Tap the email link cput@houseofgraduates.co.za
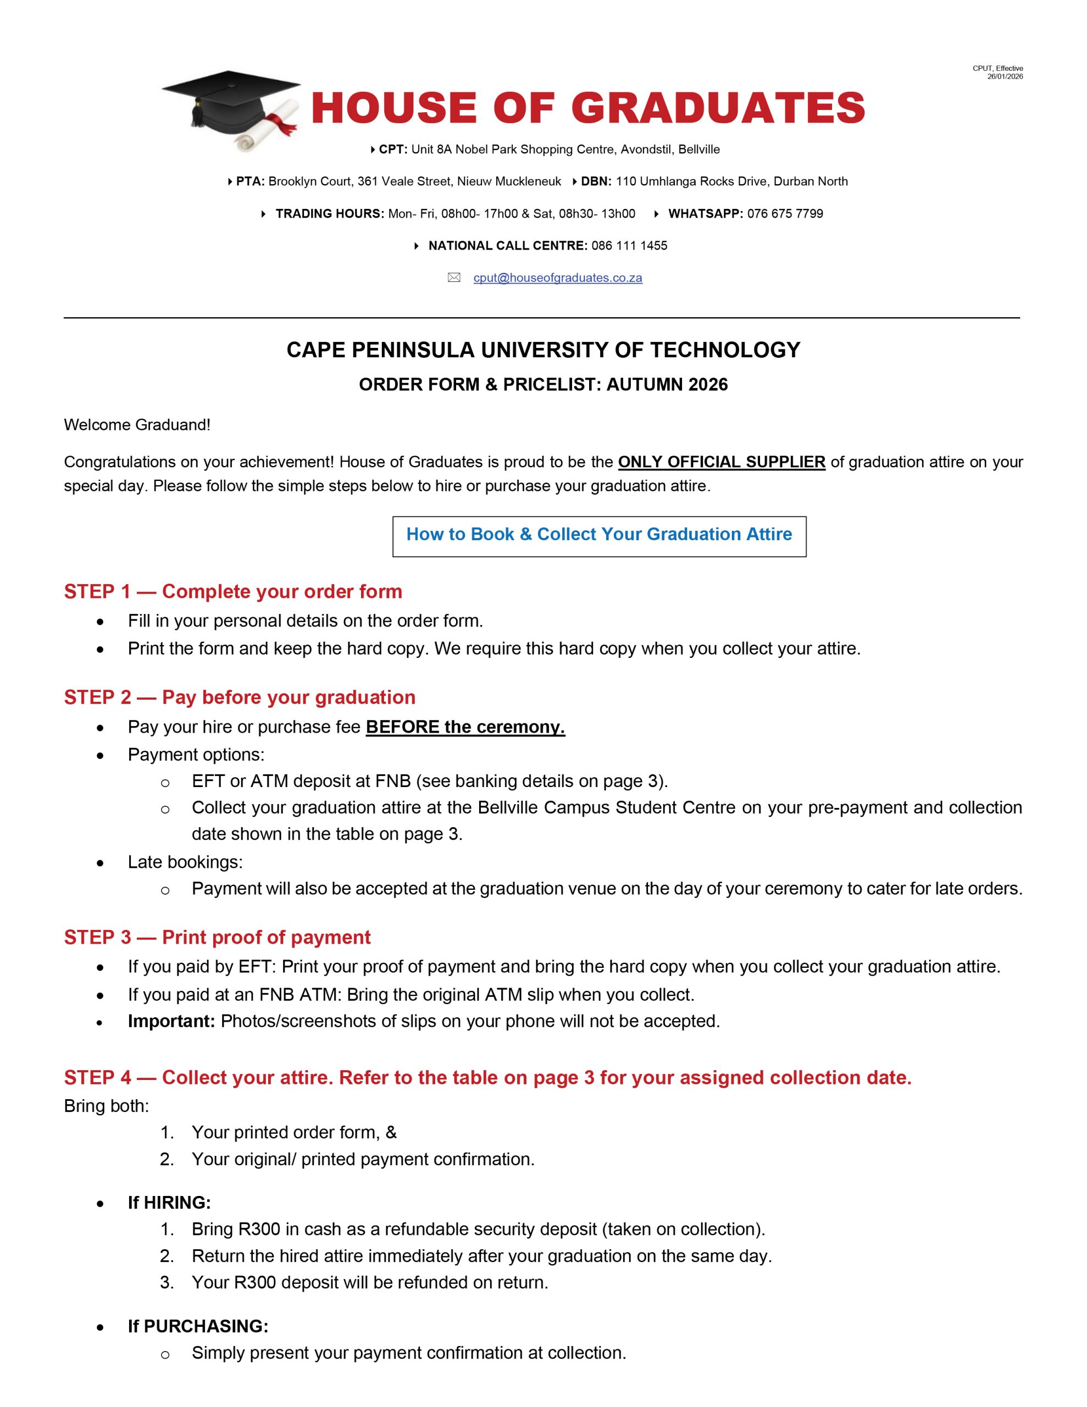[557, 278]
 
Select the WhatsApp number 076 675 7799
[785, 214]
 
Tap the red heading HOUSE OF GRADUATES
[587, 108]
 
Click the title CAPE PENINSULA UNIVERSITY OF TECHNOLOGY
[543, 350]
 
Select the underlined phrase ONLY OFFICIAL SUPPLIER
[721, 462]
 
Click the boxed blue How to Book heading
[598, 534]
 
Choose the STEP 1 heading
[232, 591]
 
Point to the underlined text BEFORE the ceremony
[465, 727]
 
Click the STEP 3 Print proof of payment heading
[217, 937]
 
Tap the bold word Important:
[171, 1021]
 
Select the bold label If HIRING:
[169, 1202]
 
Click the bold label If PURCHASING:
[198, 1326]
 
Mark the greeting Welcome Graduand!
[137, 424]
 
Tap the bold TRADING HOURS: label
[329, 214]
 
